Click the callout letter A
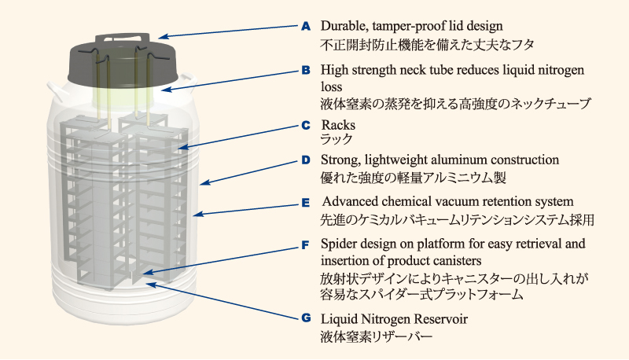(307, 26)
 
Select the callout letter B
(307, 70)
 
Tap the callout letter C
(307, 124)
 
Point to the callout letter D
(307, 160)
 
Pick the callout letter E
(307, 201)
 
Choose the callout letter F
(307, 244)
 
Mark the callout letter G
(307, 319)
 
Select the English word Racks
(338, 125)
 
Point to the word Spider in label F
(339, 244)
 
